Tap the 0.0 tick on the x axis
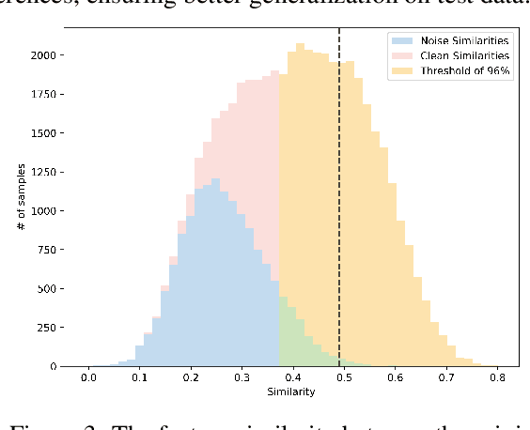(x=87, y=376)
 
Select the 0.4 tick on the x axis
(x=292, y=376)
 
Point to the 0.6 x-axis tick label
(x=395, y=376)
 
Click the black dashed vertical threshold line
(x=339, y=188)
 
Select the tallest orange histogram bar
(x=300, y=207)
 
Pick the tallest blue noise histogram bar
(x=216, y=272)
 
